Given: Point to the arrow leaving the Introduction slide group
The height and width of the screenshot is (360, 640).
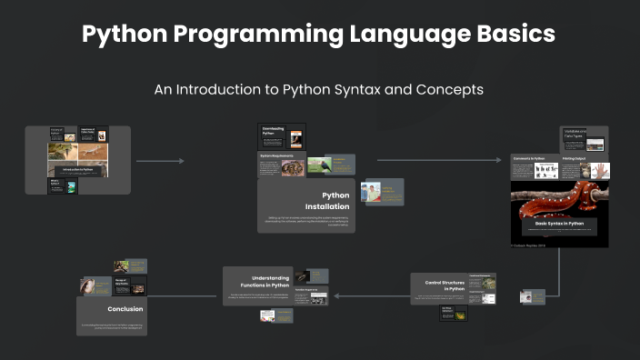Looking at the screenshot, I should [160, 161].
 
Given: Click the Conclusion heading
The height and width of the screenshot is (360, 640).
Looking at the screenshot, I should [125, 309].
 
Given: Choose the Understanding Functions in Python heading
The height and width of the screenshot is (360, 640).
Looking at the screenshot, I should [270, 281].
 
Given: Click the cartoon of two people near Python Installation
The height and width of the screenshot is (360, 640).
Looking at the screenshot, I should [371, 192].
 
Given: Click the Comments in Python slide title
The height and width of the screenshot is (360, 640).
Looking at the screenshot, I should [535, 158].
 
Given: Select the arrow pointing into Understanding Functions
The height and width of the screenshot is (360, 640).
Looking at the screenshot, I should [368, 295].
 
